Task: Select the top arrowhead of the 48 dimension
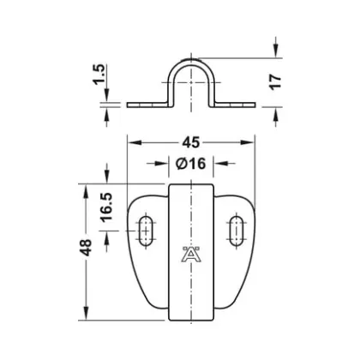click(x=84, y=188)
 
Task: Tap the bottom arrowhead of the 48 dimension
click(x=84, y=311)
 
